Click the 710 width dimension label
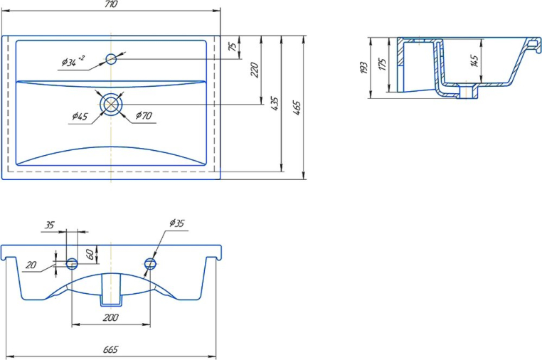111,4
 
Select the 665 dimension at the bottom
111,349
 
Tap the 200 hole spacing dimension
111,317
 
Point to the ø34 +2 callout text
73,61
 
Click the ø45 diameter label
80,116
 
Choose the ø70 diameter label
144,115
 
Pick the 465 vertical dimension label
297,108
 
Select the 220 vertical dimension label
254,70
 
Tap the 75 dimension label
233,47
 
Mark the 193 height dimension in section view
363,68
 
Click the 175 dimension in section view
382,65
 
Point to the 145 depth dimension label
474,60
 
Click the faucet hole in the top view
111,59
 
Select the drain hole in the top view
111,104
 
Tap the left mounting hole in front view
72,263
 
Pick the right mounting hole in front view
150,263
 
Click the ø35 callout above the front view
176,223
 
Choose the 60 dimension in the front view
90,254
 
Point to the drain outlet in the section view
469,91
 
